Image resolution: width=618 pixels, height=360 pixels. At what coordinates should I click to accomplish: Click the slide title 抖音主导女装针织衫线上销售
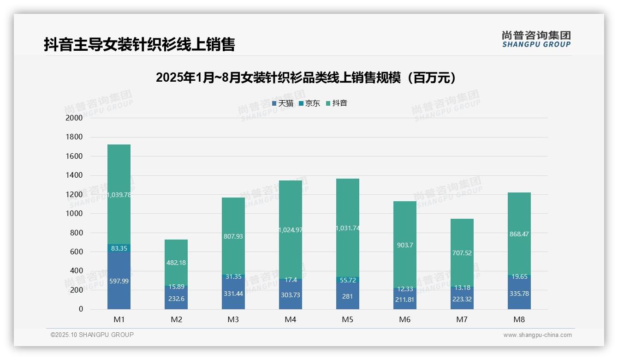point(139,44)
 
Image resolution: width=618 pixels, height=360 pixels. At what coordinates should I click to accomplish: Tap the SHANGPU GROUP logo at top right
point(536,39)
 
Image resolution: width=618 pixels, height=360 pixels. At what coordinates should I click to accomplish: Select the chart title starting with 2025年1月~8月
point(306,78)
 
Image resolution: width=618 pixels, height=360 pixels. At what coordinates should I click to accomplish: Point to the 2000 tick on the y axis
point(74,118)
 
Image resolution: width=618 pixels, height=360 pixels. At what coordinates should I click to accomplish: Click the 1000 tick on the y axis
point(74,214)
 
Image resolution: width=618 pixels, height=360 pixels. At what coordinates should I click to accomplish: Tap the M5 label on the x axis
point(347,319)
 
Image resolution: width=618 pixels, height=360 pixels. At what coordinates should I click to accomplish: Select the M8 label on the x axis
point(519,319)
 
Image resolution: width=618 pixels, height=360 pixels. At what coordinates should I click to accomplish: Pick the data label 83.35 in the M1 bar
point(119,248)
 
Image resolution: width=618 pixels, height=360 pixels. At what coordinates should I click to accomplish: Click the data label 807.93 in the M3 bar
point(233,236)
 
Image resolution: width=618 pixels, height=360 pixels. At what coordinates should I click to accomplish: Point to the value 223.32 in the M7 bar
point(462,299)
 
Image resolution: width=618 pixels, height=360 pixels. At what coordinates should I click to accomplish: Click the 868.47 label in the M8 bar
point(519,234)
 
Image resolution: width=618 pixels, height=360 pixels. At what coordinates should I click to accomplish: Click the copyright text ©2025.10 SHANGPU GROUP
point(92,335)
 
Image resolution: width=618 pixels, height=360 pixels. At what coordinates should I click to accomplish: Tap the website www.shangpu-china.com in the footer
point(537,335)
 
